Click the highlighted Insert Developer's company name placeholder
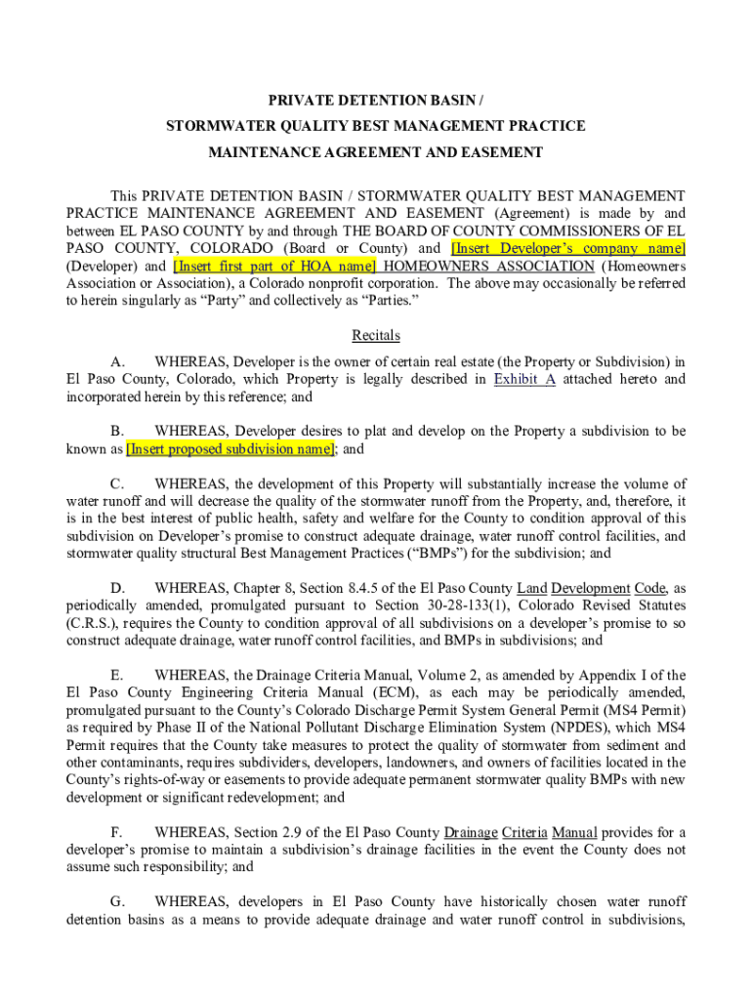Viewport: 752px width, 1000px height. (x=568, y=248)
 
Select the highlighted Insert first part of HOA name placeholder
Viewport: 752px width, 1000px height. (x=274, y=266)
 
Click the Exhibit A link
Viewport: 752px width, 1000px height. (x=524, y=379)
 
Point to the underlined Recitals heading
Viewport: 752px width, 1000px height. (x=376, y=335)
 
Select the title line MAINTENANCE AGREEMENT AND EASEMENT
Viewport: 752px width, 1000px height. (x=376, y=152)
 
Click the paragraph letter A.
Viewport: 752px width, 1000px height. (x=116, y=362)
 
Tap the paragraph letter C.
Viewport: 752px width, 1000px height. (x=116, y=483)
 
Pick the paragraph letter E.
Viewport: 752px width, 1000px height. (x=116, y=675)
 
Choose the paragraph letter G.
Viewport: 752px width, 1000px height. (x=116, y=901)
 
